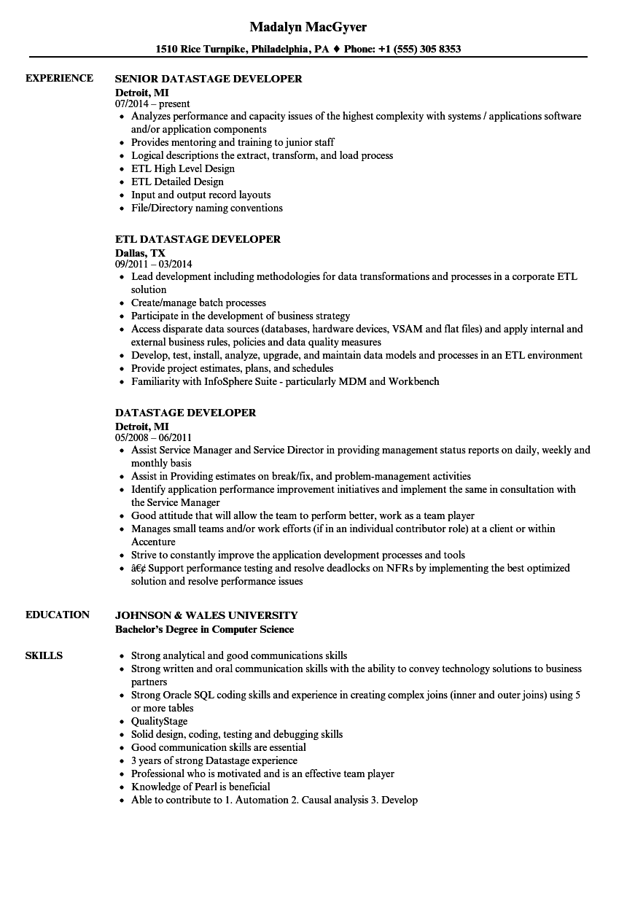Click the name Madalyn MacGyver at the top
pyautogui.click(x=308, y=27)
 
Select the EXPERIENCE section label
pyautogui.click(x=59, y=78)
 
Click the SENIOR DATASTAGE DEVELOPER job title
pyautogui.click(x=209, y=79)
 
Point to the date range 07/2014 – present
pyautogui.click(x=152, y=104)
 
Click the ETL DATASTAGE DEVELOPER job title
pyautogui.click(x=198, y=239)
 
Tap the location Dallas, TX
pyautogui.click(x=140, y=252)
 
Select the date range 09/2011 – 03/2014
pyautogui.click(x=154, y=264)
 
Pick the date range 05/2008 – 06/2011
pyautogui.click(x=153, y=437)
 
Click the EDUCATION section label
pyautogui.click(x=58, y=615)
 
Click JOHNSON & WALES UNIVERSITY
pyautogui.click(x=206, y=615)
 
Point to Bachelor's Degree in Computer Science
pyautogui.click(x=204, y=629)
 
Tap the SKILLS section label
pyautogui.click(x=44, y=655)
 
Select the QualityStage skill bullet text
pyautogui.click(x=159, y=721)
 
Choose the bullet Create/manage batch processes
pyautogui.click(x=198, y=303)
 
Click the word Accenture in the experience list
pyautogui.click(x=153, y=542)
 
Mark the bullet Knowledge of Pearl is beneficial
pyautogui.click(x=200, y=787)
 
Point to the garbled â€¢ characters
pyautogui.click(x=139, y=568)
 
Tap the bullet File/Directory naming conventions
pyautogui.click(x=206, y=208)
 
